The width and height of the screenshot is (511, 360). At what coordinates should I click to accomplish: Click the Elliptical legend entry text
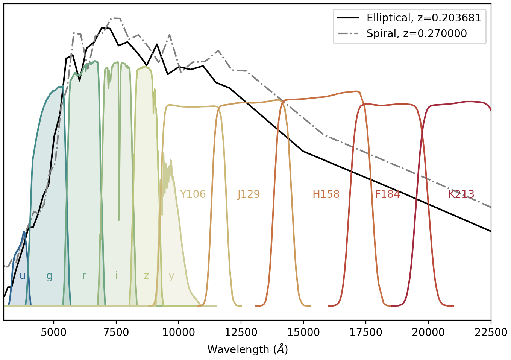(424, 18)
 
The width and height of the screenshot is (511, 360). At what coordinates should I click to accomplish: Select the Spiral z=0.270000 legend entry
(417, 33)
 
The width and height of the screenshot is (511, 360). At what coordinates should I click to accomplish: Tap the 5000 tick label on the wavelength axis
(54, 333)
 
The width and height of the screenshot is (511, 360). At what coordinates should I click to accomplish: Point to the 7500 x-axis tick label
(116, 333)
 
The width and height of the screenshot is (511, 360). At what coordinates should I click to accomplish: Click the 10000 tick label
(179, 333)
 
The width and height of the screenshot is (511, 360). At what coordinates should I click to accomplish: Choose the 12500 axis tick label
(241, 333)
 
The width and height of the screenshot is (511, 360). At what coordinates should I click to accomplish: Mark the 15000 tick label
(303, 333)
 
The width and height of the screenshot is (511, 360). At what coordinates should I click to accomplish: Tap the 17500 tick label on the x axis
(366, 333)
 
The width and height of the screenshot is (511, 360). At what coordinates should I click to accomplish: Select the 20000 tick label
(428, 333)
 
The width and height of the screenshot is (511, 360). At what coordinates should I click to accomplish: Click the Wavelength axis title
(247, 349)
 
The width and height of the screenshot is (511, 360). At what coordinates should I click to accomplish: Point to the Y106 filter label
(193, 194)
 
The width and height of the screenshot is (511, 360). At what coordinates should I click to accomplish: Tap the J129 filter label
(249, 194)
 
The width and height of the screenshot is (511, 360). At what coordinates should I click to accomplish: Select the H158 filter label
(326, 194)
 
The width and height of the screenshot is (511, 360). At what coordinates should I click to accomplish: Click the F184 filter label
(387, 194)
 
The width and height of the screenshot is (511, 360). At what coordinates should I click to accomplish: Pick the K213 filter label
(461, 194)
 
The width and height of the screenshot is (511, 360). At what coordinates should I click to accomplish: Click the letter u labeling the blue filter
(22, 276)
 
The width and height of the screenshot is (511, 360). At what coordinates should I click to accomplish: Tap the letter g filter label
(50, 277)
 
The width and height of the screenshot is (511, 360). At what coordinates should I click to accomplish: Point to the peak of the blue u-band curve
(24, 232)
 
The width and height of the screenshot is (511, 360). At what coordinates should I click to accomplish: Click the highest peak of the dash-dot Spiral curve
(115, 18)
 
